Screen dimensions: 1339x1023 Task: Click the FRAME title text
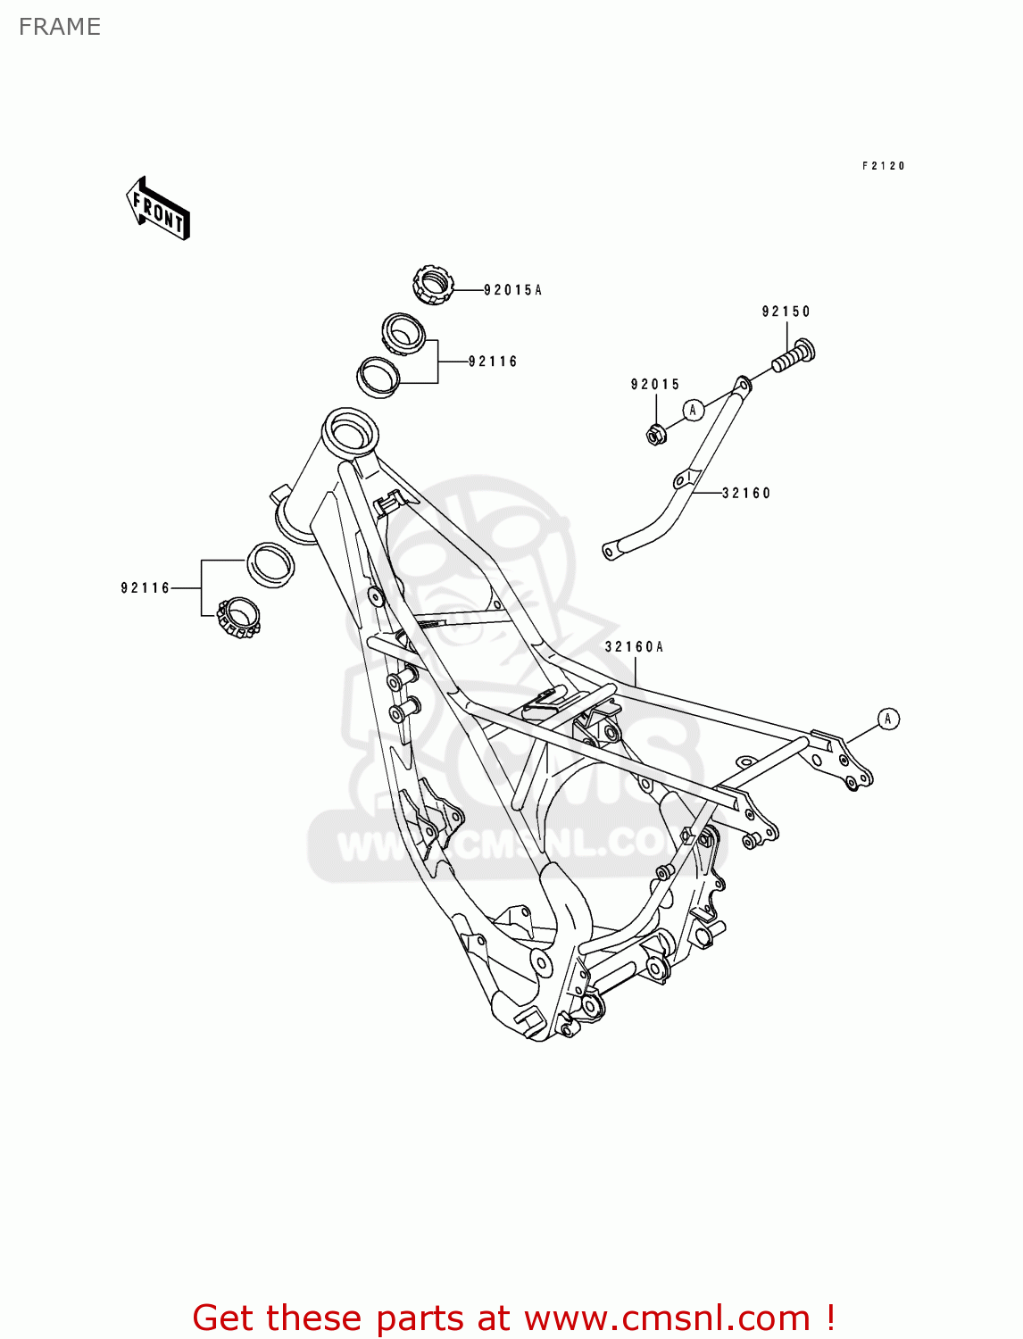pos(59,27)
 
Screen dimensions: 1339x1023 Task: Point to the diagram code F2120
pos(883,166)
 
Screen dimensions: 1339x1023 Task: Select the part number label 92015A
pos(512,290)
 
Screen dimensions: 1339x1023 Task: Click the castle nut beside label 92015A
pos(433,285)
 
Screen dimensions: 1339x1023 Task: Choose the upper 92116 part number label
pos(493,362)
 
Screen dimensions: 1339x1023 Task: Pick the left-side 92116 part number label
pos(146,588)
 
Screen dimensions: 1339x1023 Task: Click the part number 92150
pos(786,312)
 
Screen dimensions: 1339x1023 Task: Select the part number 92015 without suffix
pos(655,385)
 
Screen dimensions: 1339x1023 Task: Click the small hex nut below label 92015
pos(655,435)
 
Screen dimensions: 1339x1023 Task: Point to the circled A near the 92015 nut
pos(694,410)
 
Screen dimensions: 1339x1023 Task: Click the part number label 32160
pos(746,493)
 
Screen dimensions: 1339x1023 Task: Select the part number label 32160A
pos(634,647)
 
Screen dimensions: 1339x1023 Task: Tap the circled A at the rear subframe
pos(887,719)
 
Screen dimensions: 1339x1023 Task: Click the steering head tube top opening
pos(349,429)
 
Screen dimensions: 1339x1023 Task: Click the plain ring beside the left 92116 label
pos(270,563)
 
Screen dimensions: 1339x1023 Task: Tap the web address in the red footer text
pos(667,1318)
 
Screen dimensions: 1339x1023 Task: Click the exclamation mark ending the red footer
pos(830,1318)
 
